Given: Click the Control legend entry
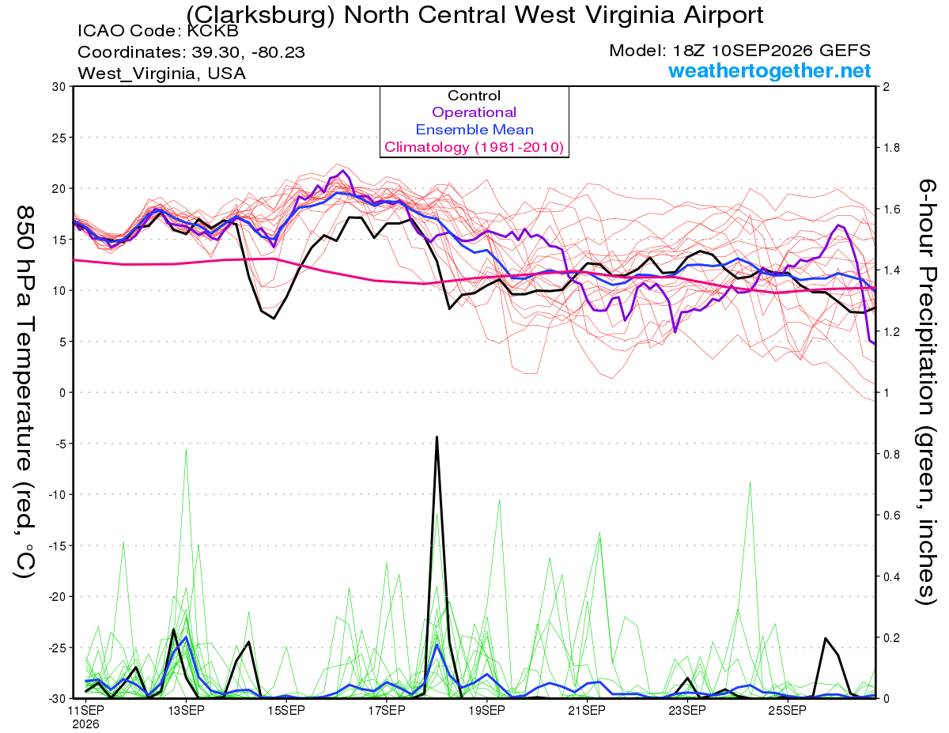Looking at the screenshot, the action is [474, 96].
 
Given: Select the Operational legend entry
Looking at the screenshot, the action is [474, 112].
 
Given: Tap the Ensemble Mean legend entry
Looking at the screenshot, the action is [475, 130].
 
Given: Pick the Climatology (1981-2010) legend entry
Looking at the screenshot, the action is [474, 147].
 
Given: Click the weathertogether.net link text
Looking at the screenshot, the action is [769, 70].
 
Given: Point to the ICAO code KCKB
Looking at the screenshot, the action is [213, 31].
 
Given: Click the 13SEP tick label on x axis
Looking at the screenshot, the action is [187, 711].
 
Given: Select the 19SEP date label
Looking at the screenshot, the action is [487, 711].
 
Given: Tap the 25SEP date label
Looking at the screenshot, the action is [788, 711].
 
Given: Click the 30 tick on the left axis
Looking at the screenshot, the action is [59, 87].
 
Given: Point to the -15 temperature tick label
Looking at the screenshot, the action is [57, 546].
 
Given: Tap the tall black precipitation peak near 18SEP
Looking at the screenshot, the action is [437, 437].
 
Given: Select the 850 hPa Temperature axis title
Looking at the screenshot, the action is [25, 392].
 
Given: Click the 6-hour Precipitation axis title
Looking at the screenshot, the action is [927, 391].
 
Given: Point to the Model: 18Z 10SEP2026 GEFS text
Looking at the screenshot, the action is [739, 51].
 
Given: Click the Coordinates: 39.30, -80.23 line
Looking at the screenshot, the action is [191, 52].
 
